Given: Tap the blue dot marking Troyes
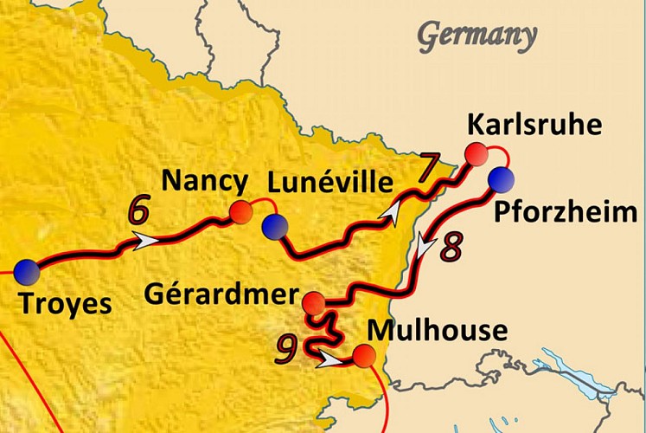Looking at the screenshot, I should [26, 270].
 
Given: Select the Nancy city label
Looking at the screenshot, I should [205, 182].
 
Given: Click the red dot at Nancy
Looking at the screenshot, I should [241, 212].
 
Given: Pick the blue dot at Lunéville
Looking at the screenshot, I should [275, 227].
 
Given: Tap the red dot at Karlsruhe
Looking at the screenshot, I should [474, 154].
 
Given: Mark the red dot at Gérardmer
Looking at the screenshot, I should [314, 303].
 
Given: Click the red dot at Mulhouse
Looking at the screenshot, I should [364, 355].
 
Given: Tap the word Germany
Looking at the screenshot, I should [477, 36].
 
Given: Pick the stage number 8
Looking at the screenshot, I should [452, 245].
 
